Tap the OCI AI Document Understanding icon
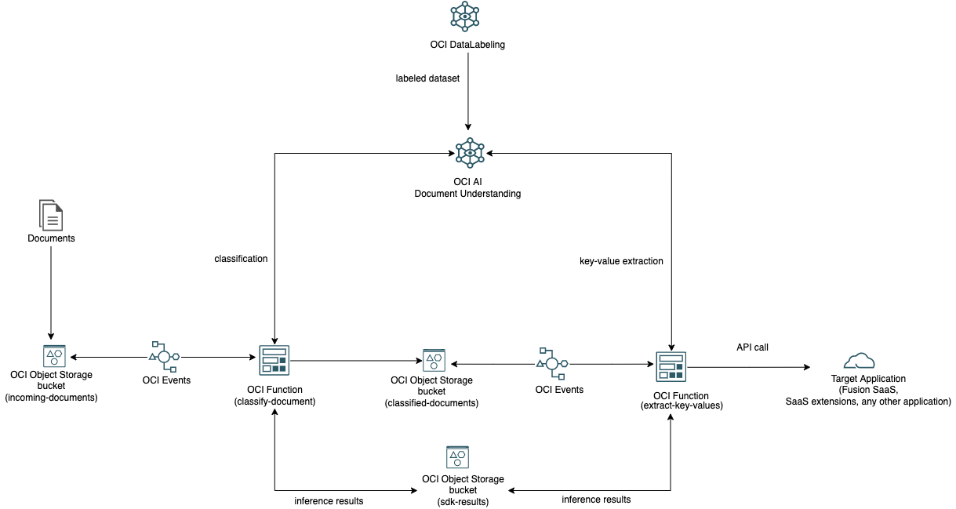tap(469, 152)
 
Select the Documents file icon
tap(51, 215)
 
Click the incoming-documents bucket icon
tap(54, 356)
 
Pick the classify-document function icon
tap(274, 359)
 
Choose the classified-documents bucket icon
tap(433, 361)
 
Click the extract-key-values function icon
tap(671, 365)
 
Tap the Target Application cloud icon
tap(859, 361)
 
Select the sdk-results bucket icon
tap(457, 457)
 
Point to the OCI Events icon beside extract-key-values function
tap(552, 363)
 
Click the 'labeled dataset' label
tap(427, 78)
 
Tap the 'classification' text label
tap(241, 258)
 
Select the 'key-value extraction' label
tap(616, 261)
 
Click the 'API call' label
tap(752, 347)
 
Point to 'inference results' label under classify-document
tap(329, 500)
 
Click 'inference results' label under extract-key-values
tap(596, 499)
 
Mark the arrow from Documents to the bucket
tap(51, 290)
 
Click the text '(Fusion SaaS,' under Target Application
tap(867, 390)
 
